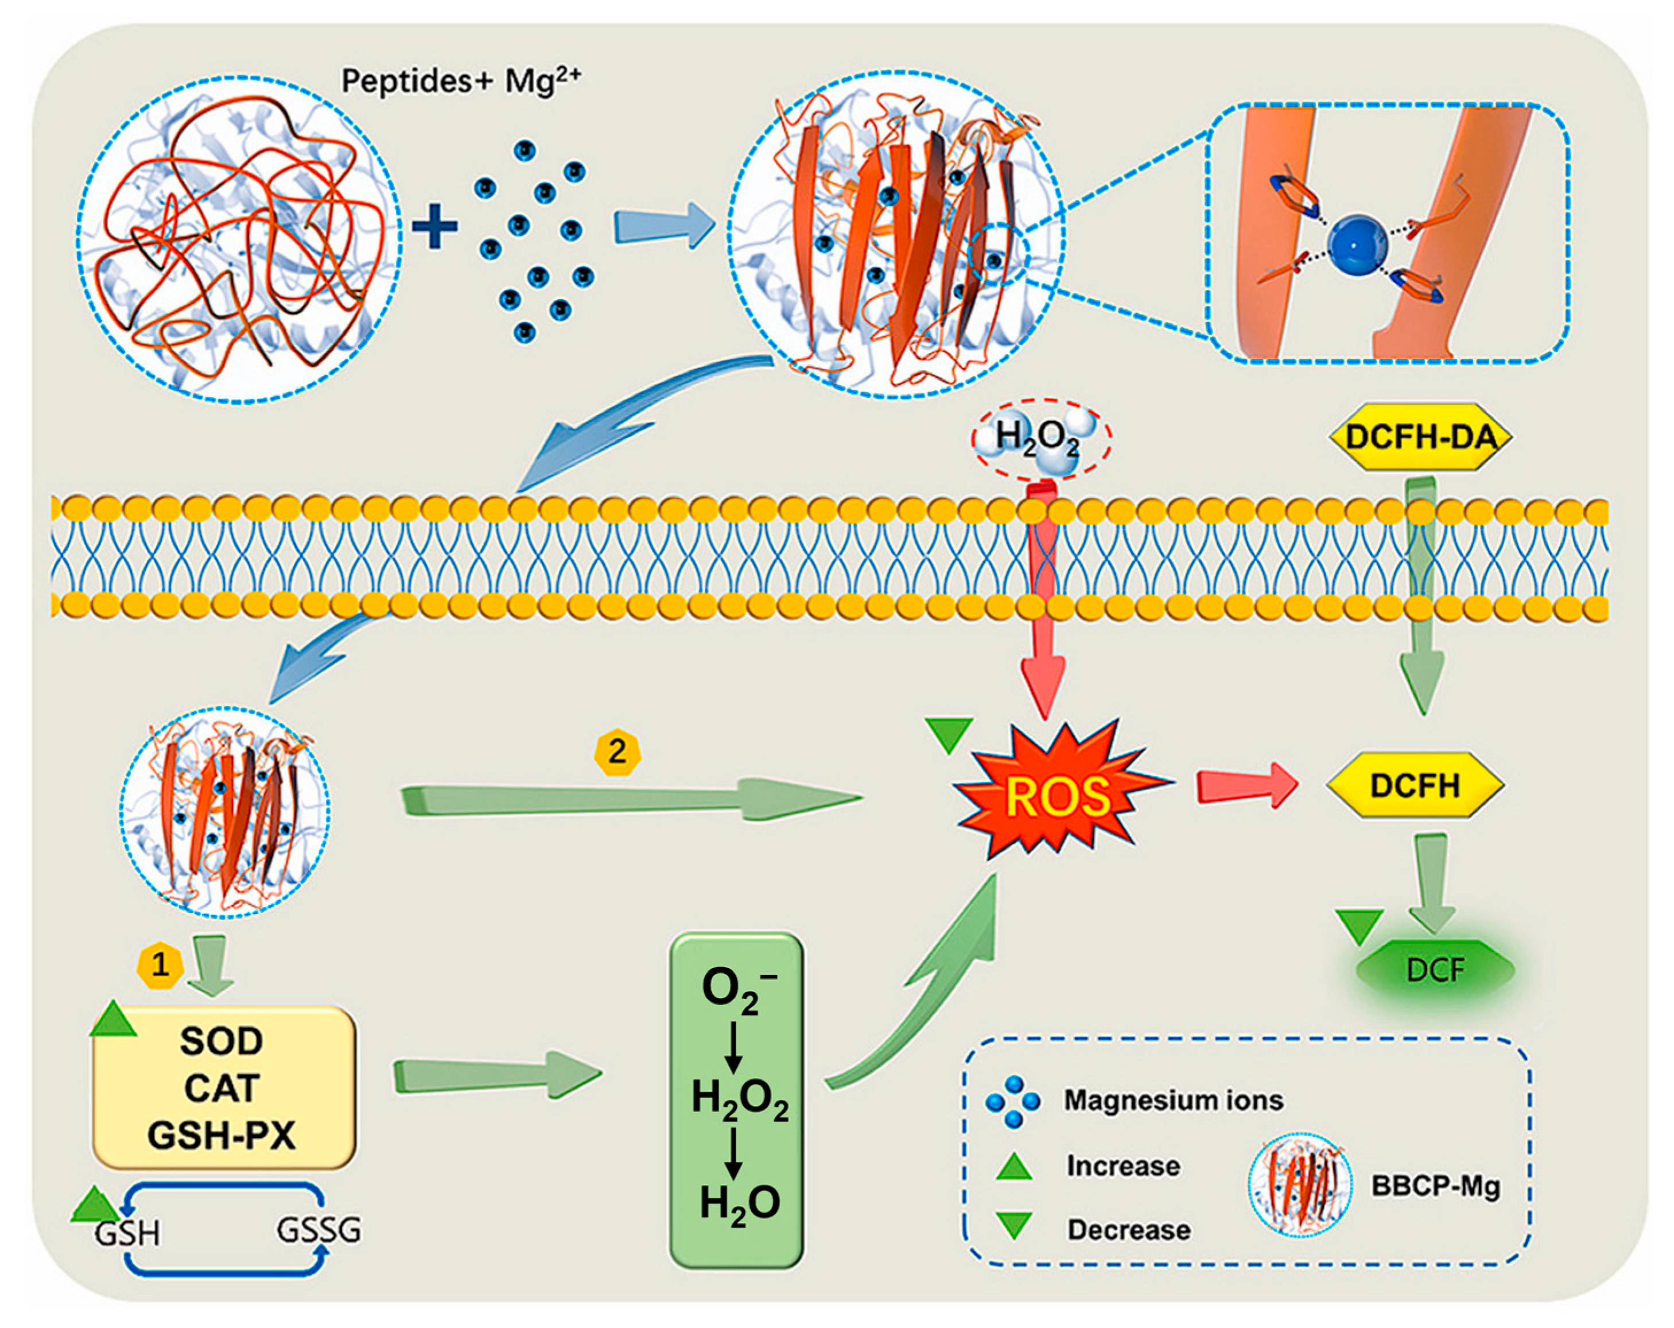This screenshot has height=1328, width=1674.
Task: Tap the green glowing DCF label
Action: tap(1435, 970)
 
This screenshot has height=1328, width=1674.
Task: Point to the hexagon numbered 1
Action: tap(160, 965)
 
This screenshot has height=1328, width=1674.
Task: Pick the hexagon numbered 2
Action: tap(617, 751)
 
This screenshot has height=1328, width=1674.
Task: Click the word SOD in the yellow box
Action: tap(222, 1041)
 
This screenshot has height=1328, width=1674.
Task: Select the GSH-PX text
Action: tap(222, 1136)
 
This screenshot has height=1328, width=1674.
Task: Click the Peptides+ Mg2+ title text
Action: tap(461, 80)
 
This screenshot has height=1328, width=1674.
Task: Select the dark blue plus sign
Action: tap(435, 227)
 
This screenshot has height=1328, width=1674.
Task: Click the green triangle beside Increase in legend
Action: tap(1014, 1167)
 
